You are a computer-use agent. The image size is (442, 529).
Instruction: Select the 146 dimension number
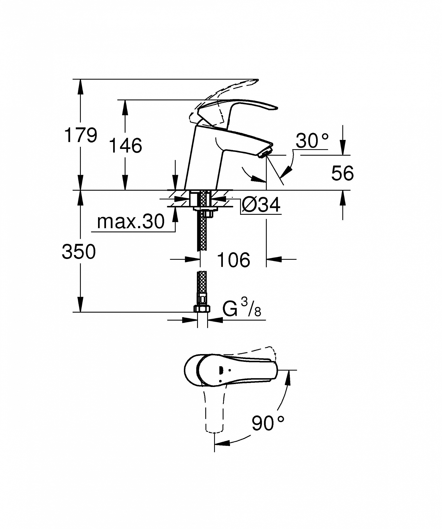[126, 145]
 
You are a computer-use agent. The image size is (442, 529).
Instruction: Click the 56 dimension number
[342, 173]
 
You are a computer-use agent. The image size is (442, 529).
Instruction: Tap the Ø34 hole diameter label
[261, 205]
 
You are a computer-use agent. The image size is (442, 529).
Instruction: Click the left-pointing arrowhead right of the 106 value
[274, 259]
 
